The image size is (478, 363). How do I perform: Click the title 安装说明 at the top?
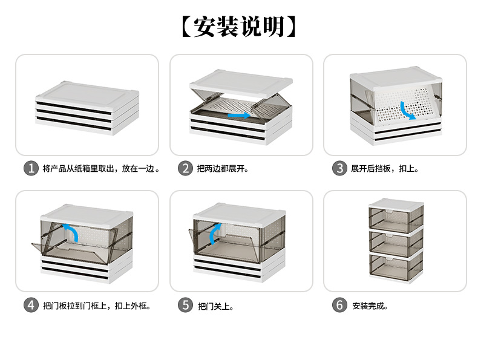[x=239, y=27]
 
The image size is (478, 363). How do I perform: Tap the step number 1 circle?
[x=31, y=168]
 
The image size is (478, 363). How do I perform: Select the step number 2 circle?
[x=185, y=168]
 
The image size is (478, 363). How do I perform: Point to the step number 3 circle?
[x=339, y=168]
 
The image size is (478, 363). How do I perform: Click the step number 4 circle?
[x=31, y=305]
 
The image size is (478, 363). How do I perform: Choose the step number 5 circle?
[x=185, y=305]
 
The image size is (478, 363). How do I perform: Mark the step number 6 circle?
[x=339, y=305]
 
